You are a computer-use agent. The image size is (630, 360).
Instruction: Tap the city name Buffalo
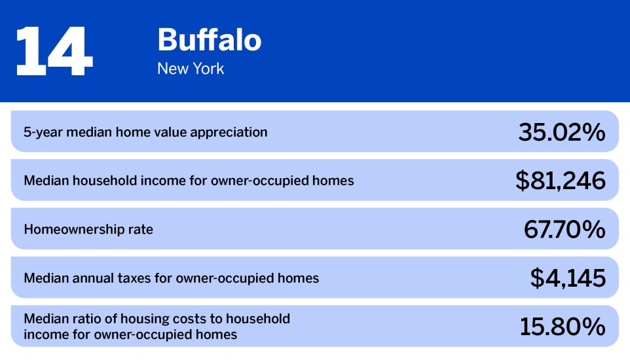(209, 41)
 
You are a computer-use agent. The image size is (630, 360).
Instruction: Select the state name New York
(191, 69)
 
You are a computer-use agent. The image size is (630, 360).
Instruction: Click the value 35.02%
(561, 132)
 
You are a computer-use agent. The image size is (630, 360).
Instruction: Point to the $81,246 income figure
(560, 181)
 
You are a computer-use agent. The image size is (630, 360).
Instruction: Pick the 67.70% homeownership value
(564, 229)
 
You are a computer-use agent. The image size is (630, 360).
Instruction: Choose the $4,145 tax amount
(568, 278)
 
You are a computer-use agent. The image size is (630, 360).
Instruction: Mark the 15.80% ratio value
(563, 327)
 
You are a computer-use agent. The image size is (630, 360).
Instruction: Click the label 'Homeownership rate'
(88, 230)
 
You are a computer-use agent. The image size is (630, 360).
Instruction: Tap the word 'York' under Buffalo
(208, 69)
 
